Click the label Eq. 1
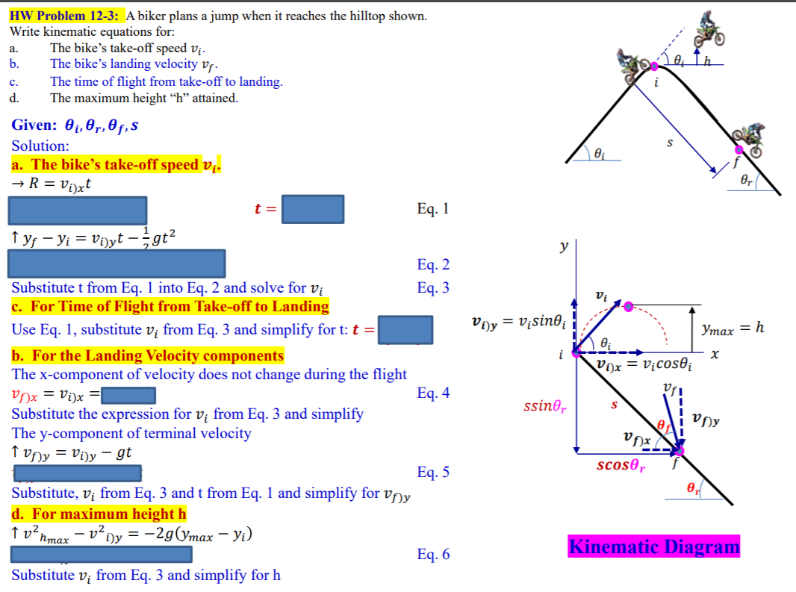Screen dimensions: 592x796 click(x=433, y=208)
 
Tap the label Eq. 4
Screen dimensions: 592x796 click(x=433, y=393)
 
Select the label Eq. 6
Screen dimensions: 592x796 click(x=433, y=554)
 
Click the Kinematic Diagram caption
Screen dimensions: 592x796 click(x=654, y=546)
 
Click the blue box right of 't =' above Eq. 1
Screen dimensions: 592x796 click(x=313, y=209)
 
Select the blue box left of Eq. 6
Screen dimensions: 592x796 click(x=102, y=554)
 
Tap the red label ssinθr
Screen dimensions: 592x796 click(x=545, y=408)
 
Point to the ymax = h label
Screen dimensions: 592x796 click(x=733, y=328)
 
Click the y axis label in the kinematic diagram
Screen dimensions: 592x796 click(x=565, y=246)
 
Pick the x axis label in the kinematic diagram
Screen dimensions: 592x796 click(x=715, y=357)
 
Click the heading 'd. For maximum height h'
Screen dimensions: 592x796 click(x=99, y=514)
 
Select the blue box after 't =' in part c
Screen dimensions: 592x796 click(x=405, y=329)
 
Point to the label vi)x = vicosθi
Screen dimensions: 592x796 click(x=646, y=365)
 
